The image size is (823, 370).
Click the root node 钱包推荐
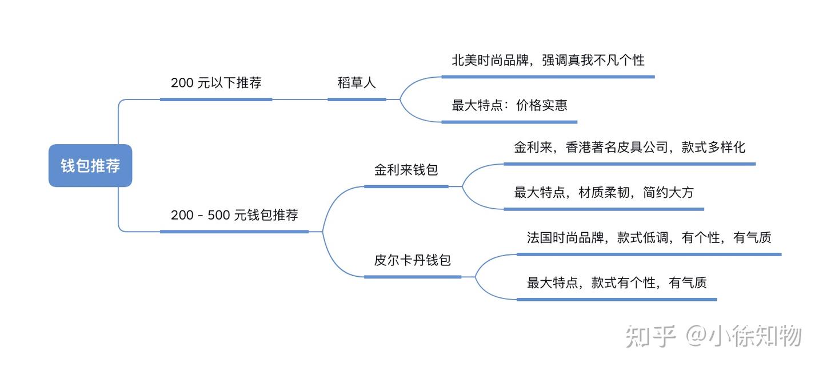click(90, 166)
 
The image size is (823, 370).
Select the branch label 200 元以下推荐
click(216, 83)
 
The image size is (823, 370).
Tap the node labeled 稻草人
click(357, 83)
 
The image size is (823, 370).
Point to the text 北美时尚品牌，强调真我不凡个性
click(548, 60)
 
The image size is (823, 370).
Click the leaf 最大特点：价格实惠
click(509, 105)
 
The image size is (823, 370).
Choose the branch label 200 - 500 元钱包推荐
click(234, 216)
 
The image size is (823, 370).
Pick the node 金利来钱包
click(406, 170)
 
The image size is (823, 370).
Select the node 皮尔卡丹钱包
click(412, 261)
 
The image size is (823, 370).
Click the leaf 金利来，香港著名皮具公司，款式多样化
click(629, 148)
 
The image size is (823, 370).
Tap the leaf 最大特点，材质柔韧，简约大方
click(604, 193)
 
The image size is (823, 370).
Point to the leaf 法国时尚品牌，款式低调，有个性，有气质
click(649, 238)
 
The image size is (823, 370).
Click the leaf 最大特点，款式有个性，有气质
click(617, 283)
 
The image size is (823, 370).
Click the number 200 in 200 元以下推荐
click(182, 83)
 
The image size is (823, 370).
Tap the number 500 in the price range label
click(218, 216)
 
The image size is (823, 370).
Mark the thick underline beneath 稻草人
click(357, 99)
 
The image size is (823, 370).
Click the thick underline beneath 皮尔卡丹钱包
click(412, 277)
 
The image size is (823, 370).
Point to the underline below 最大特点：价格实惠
click(509, 122)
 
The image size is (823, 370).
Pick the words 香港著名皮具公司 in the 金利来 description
click(617, 148)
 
